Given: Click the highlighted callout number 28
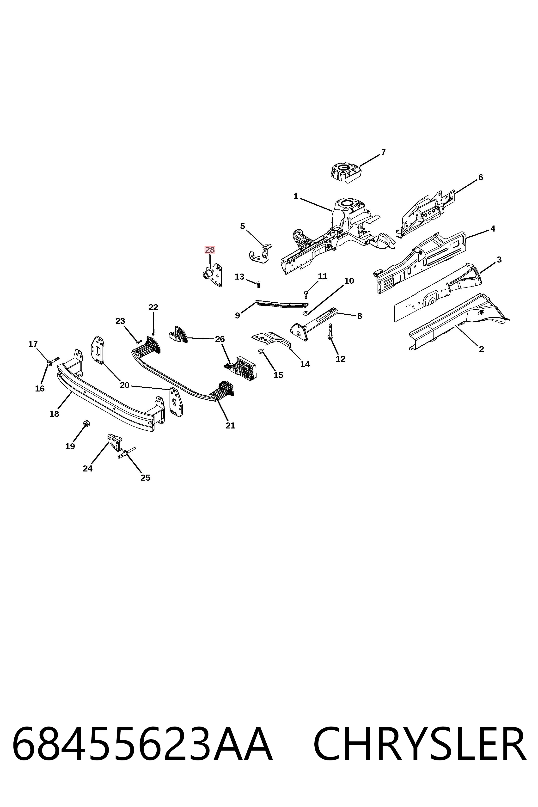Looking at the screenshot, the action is click(x=210, y=250).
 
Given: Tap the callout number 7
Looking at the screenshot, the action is click(x=383, y=152).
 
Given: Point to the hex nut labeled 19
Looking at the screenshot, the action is click(x=87, y=424).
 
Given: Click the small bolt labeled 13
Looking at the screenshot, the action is click(x=258, y=284).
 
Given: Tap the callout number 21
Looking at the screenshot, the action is click(x=230, y=425).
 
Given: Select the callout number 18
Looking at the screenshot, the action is click(x=54, y=414).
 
